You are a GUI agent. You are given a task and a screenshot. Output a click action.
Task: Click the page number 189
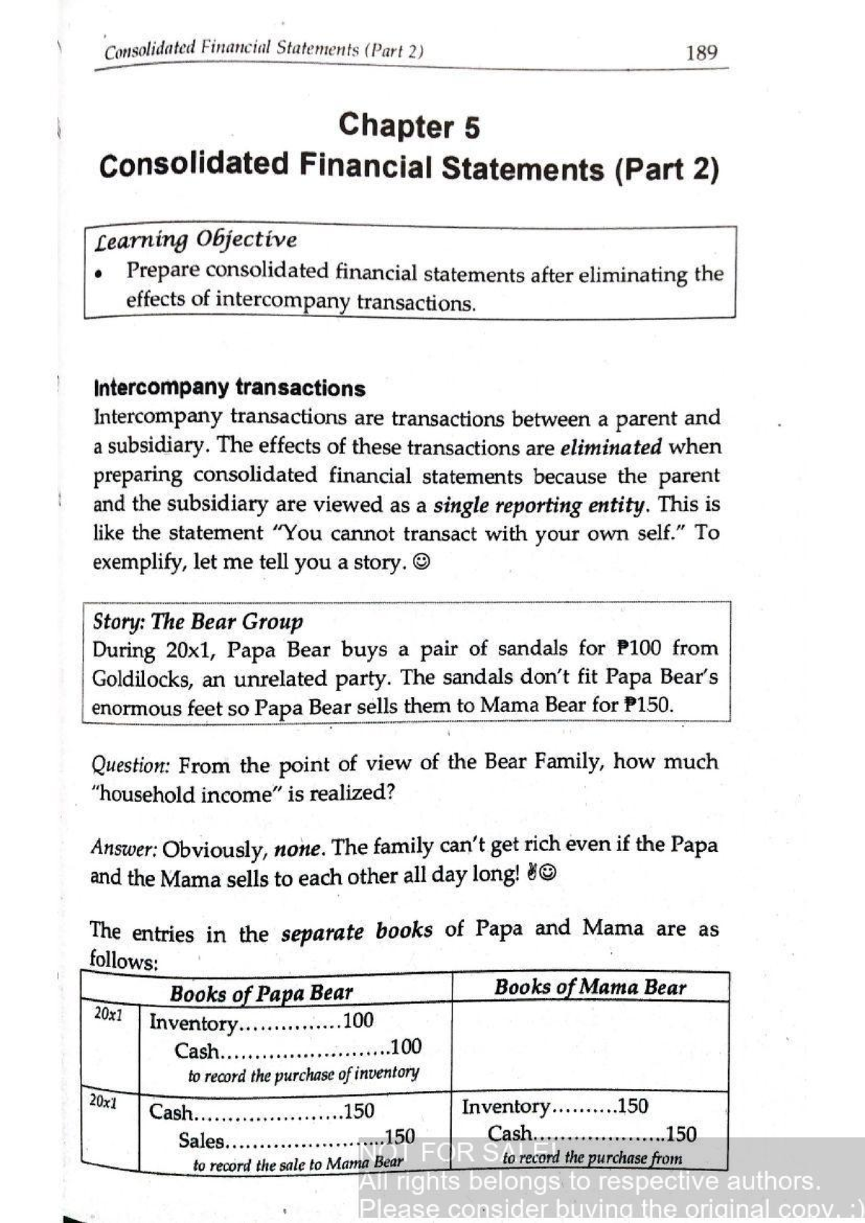(701, 53)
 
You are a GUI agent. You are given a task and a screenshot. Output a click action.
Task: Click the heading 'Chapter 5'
(409, 126)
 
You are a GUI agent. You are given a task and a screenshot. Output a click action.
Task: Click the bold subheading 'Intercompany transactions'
(229, 388)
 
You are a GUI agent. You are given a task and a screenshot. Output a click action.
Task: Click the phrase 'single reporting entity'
(539, 505)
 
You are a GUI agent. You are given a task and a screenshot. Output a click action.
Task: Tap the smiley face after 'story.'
(422, 562)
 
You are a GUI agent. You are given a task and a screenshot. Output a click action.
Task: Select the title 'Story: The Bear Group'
(198, 622)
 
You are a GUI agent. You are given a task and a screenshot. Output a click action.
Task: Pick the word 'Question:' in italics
(130, 765)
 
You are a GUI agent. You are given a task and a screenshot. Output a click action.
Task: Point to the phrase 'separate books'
(356, 932)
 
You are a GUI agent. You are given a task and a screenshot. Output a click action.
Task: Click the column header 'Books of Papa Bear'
(261, 994)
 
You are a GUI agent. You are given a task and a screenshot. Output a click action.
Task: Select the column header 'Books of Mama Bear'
(590, 987)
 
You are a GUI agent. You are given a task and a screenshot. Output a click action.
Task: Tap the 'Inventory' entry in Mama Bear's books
(505, 1106)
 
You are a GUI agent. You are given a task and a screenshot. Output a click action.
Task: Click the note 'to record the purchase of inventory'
(303, 1075)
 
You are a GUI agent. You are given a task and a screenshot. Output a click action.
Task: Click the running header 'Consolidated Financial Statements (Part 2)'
(264, 50)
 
